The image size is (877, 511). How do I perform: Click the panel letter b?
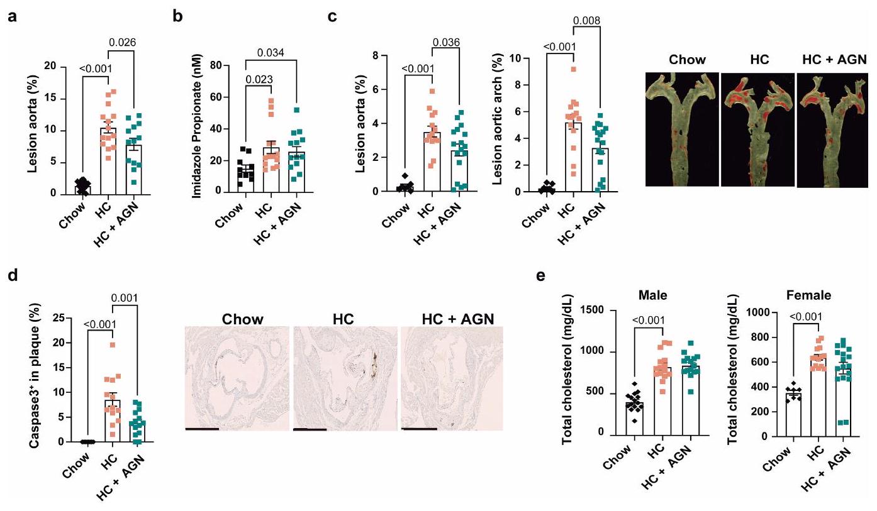click(x=178, y=14)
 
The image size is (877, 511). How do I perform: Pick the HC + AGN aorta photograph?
click(x=832, y=129)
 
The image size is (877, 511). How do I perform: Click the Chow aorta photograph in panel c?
click(x=681, y=129)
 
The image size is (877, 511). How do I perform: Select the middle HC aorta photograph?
click(x=757, y=129)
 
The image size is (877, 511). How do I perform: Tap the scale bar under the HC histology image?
click(x=310, y=429)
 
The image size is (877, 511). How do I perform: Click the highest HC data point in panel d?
click(x=111, y=344)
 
